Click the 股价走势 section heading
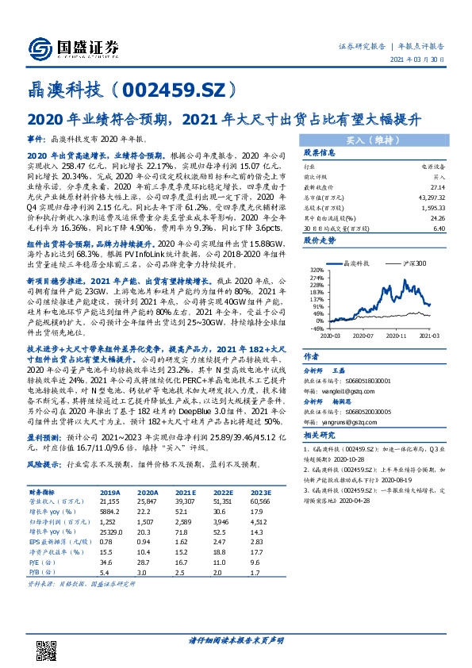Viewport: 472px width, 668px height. tap(318, 239)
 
